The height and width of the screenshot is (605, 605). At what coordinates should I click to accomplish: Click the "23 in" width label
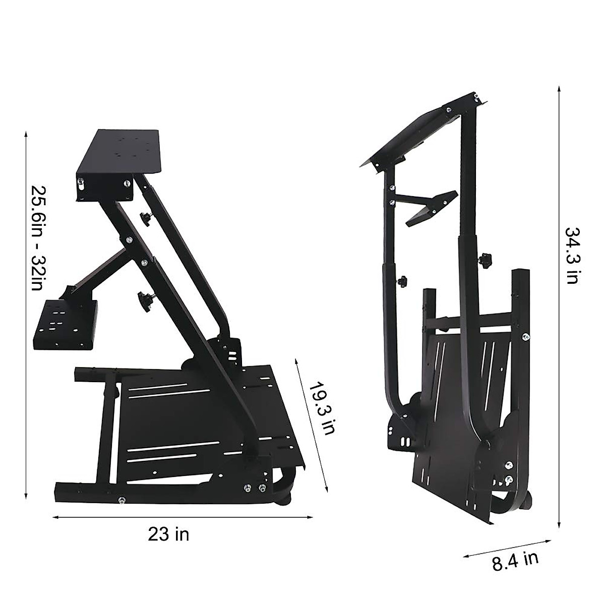[168, 534]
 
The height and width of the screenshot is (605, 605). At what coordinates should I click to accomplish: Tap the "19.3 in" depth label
[321, 409]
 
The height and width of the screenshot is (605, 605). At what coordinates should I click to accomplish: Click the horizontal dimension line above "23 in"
[181, 517]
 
